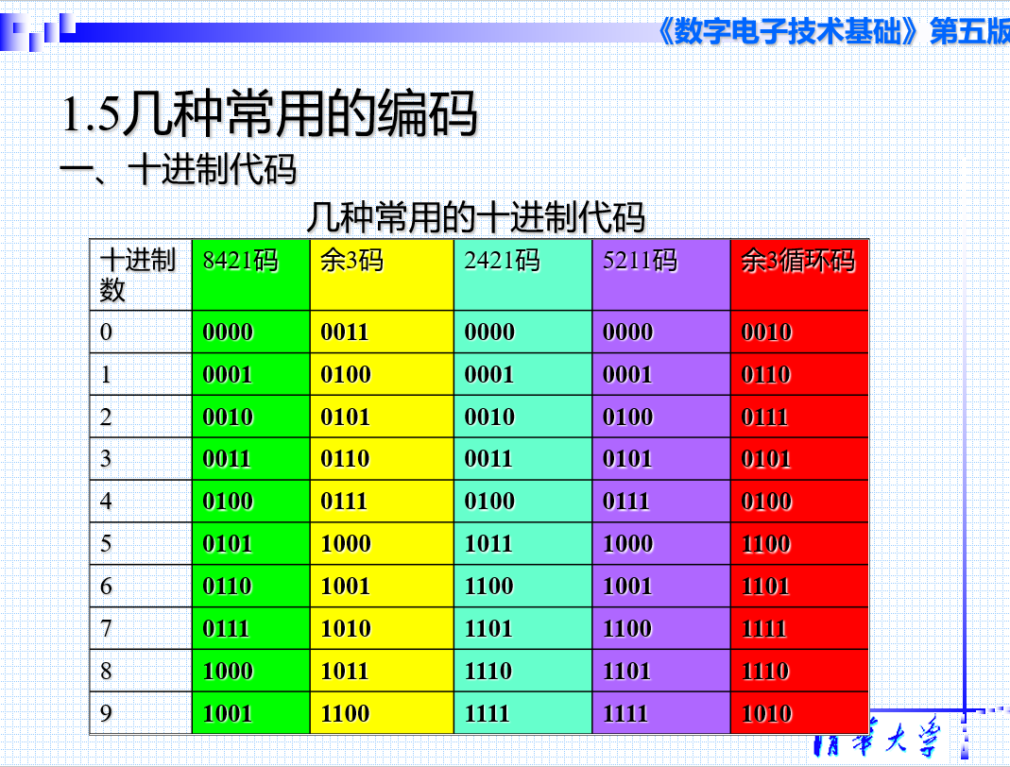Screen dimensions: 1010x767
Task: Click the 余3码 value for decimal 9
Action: tap(345, 713)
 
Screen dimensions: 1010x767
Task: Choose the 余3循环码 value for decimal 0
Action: tap(766, 332)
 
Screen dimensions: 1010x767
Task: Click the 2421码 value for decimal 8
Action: tap(488, 671)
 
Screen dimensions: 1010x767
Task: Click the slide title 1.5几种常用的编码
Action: tap(269, 113)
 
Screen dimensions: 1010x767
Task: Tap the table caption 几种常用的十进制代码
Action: tap(476, 217)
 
